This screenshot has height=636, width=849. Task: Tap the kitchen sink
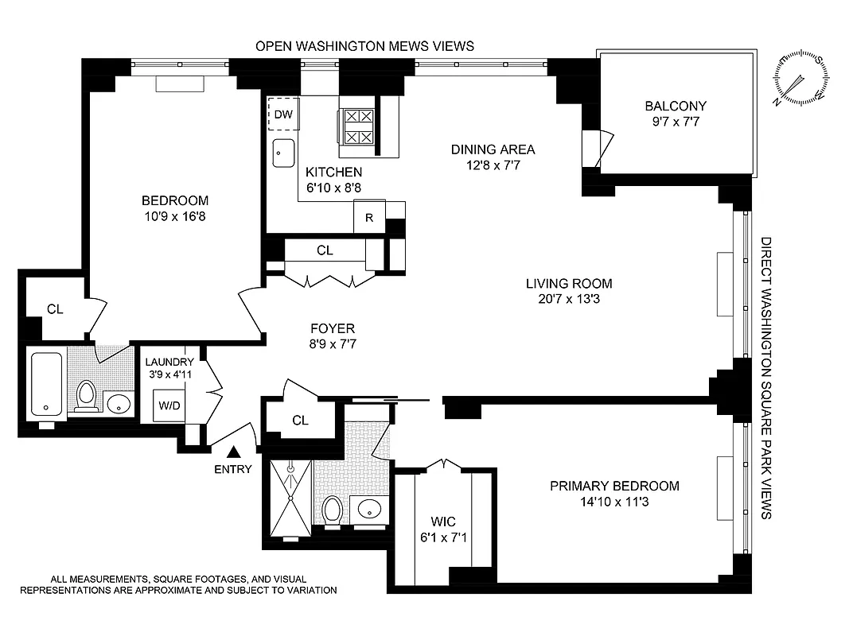pos(283,153)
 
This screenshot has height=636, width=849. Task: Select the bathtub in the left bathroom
pos(46,384)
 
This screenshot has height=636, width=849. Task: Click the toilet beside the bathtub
pos(85,396)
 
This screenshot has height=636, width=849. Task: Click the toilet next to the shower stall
pos(333,510)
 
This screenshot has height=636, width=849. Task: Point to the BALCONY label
pos(676,106)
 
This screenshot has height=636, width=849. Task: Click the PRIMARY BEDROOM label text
pos(614,486)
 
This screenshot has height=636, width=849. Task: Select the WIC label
pos(444,523)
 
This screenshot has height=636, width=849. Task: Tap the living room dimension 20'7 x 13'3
pos(568,299)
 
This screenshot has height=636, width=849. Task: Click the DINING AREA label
pos(493,149)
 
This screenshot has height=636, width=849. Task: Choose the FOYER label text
pos(333,328)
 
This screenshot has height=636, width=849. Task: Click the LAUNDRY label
pos(169,361)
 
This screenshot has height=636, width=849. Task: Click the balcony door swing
pos(597,147)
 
